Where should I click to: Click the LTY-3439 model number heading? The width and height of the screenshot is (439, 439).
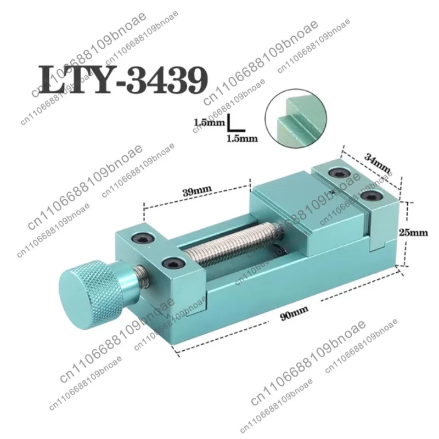pyautogui.click(x=123, y=80)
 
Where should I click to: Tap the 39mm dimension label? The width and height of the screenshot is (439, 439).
pyautogui.click(x=197, y=192)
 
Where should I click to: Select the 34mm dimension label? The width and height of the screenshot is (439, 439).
pyautogui.click(x=377, y=163)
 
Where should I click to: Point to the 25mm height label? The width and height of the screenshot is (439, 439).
pyautogui.click(x=413, y=232)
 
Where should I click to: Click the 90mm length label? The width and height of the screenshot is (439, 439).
pyautogui.click(x=294, y=313)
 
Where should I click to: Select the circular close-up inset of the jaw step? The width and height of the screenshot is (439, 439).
pyautogui.click(x=296, y=119)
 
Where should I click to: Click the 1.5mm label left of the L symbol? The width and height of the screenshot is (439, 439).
pyautogui.click(x=209, y=122)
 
